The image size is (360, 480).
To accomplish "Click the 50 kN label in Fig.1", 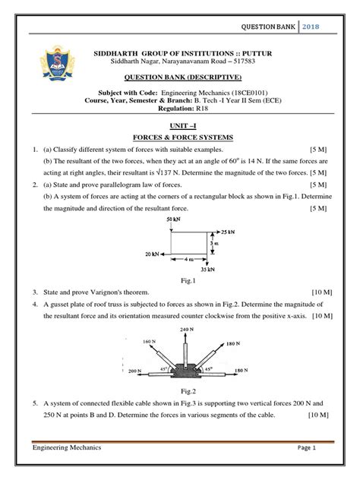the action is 172,219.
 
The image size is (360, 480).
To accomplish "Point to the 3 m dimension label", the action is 215,242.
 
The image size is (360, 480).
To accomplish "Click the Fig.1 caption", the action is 180,279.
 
